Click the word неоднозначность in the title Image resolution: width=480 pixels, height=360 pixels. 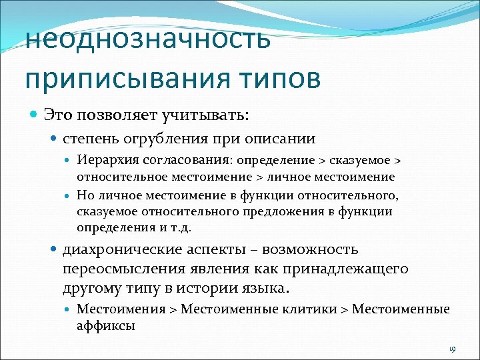coord(148,39)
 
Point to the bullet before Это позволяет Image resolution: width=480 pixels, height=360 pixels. coord(35,115)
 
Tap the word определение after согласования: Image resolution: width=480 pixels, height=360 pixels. coord(261,161)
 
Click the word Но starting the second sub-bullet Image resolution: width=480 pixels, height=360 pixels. coord(85,195)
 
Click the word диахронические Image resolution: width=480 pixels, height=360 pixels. coord(120,250)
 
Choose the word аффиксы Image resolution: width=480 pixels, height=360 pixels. coord(106,326)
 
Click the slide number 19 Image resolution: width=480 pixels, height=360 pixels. coord(451,349)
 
